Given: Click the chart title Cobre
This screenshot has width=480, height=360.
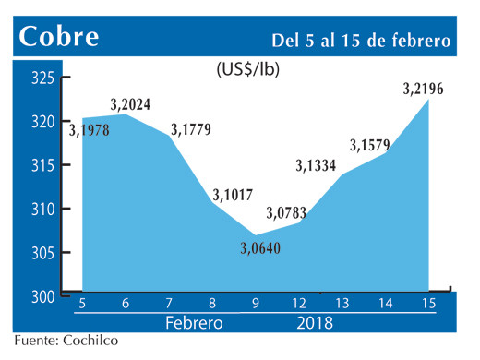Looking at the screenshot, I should point(61,38).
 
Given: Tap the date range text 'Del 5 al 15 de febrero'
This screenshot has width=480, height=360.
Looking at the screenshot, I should point(360,41).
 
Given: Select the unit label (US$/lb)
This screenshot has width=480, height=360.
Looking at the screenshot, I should point(248,69).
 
